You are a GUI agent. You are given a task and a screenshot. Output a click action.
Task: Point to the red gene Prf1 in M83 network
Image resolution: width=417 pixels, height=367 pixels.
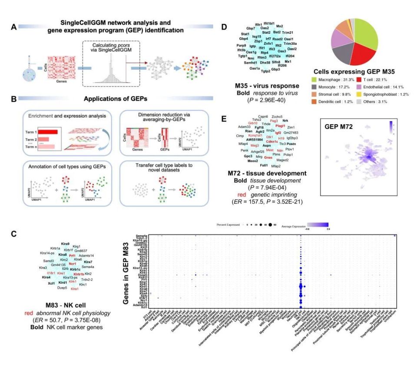coord(72,255)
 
